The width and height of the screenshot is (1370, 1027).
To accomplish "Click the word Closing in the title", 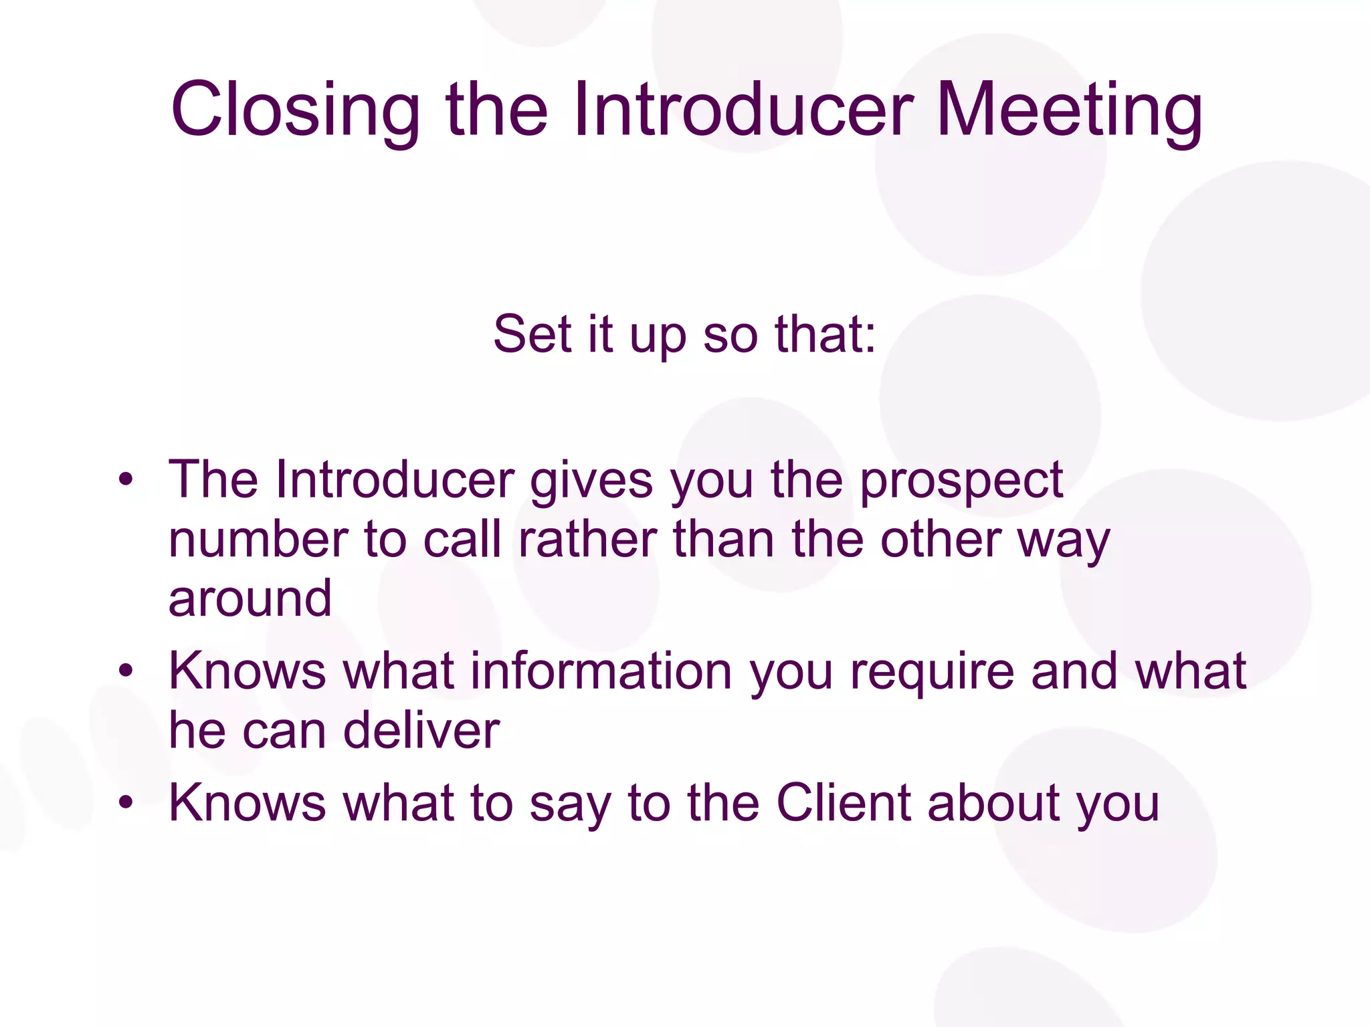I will [295, 110].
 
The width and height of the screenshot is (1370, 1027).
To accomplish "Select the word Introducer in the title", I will [743, 110].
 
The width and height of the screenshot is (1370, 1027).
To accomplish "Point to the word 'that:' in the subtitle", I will [825, 334].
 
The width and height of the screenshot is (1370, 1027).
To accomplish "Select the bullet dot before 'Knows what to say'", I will [126, 802].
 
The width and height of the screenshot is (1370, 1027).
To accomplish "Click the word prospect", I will [961, 481].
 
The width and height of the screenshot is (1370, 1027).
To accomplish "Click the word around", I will [250, 598].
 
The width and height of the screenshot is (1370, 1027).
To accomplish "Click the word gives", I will [591, 481].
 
